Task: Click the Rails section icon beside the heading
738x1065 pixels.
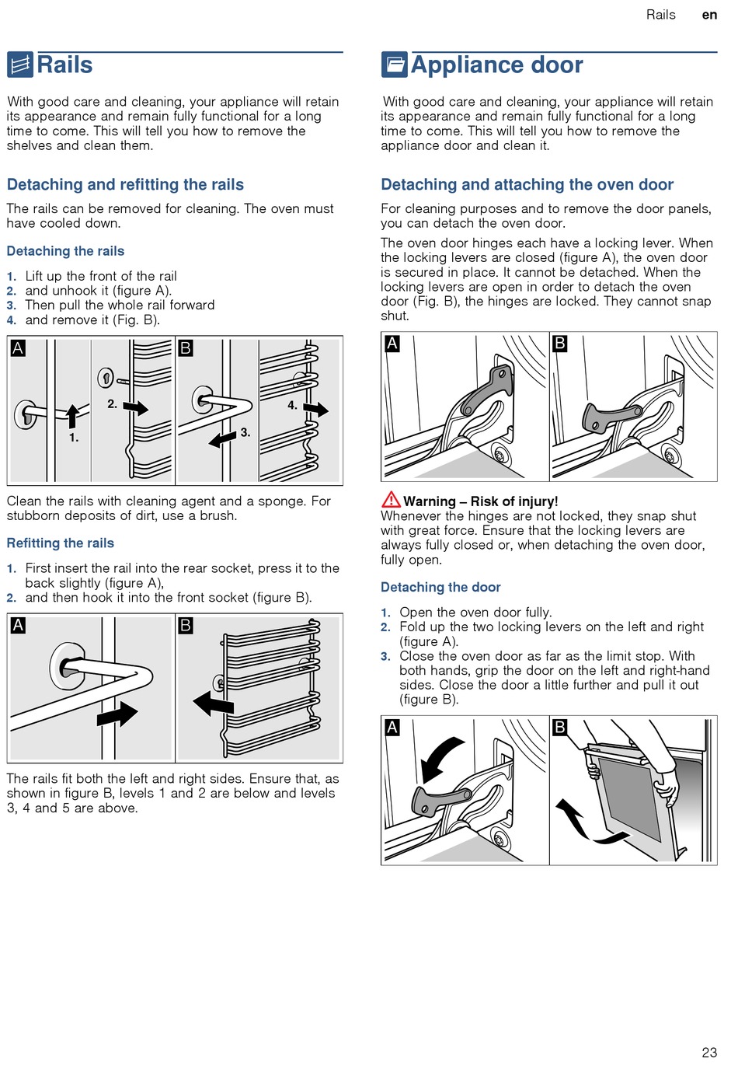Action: click(20, 65)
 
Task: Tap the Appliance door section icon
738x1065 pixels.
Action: click(394, 65)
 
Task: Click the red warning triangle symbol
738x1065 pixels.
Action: click(391, 500)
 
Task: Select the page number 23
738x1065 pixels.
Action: click(709, 1053)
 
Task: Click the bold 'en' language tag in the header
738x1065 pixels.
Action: click(709, 15)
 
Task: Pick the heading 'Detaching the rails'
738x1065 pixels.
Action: click(65, 251)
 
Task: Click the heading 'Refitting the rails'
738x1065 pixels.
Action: click(61, 543)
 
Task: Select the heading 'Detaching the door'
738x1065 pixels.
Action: click(440, 588)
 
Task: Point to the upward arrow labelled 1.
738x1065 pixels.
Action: click(72, 416)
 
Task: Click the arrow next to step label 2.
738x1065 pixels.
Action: click(136, 407)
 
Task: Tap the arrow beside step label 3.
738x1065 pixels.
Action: click(223, 439)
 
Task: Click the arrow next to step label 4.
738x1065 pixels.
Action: click(316, 409)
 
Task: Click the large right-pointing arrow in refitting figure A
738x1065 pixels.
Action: click(117, 714)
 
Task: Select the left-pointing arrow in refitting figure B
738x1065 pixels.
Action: click(213, 704)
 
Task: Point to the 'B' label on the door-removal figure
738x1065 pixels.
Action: click(559, 728)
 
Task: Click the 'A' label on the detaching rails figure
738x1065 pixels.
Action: click(18, 348)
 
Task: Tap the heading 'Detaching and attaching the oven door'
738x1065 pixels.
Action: click(527, 185)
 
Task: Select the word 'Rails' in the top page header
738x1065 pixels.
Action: click(660, 15)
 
